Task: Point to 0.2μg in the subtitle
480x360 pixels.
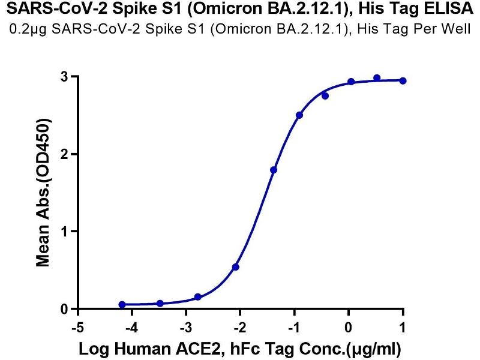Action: point(34,28)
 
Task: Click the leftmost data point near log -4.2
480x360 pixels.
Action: point(122,305)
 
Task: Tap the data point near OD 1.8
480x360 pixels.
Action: point(274,170)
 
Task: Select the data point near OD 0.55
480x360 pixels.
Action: point(236,266)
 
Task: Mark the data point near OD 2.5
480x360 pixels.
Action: point(299,115)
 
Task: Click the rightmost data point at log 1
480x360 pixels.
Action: point(403,80)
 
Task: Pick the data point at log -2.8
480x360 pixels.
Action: point(198,297)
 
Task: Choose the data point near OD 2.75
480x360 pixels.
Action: point(325,96)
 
